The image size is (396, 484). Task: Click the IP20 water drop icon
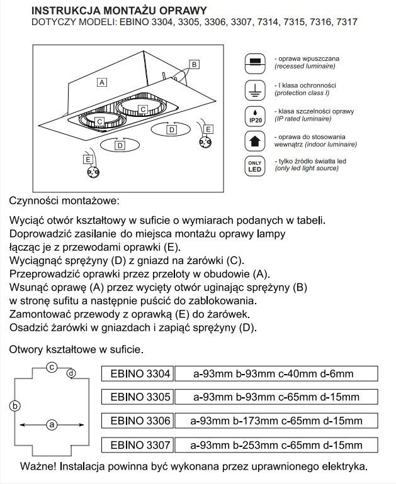[255, 115]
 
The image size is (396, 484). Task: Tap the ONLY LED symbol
[255, 165]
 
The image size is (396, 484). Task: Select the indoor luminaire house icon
[255, 140]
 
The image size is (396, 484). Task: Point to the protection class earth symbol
[255, 90]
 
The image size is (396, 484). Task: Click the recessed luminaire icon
[255, 62]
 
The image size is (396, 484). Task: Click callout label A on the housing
[101, 82]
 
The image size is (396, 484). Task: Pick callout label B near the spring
[195, 64]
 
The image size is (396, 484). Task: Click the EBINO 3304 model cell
[137, 374]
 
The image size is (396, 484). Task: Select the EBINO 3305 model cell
[137, 397]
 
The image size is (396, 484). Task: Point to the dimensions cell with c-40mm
[276, 374]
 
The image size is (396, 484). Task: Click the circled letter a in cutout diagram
[52, 425]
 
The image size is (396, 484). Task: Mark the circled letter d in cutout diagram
[71, 373]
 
